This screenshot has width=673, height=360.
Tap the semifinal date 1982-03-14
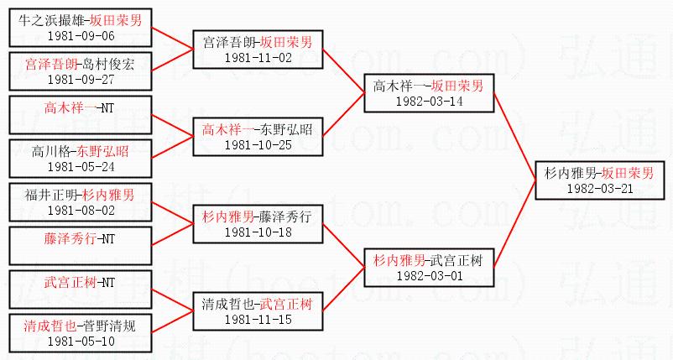click(428, 102)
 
